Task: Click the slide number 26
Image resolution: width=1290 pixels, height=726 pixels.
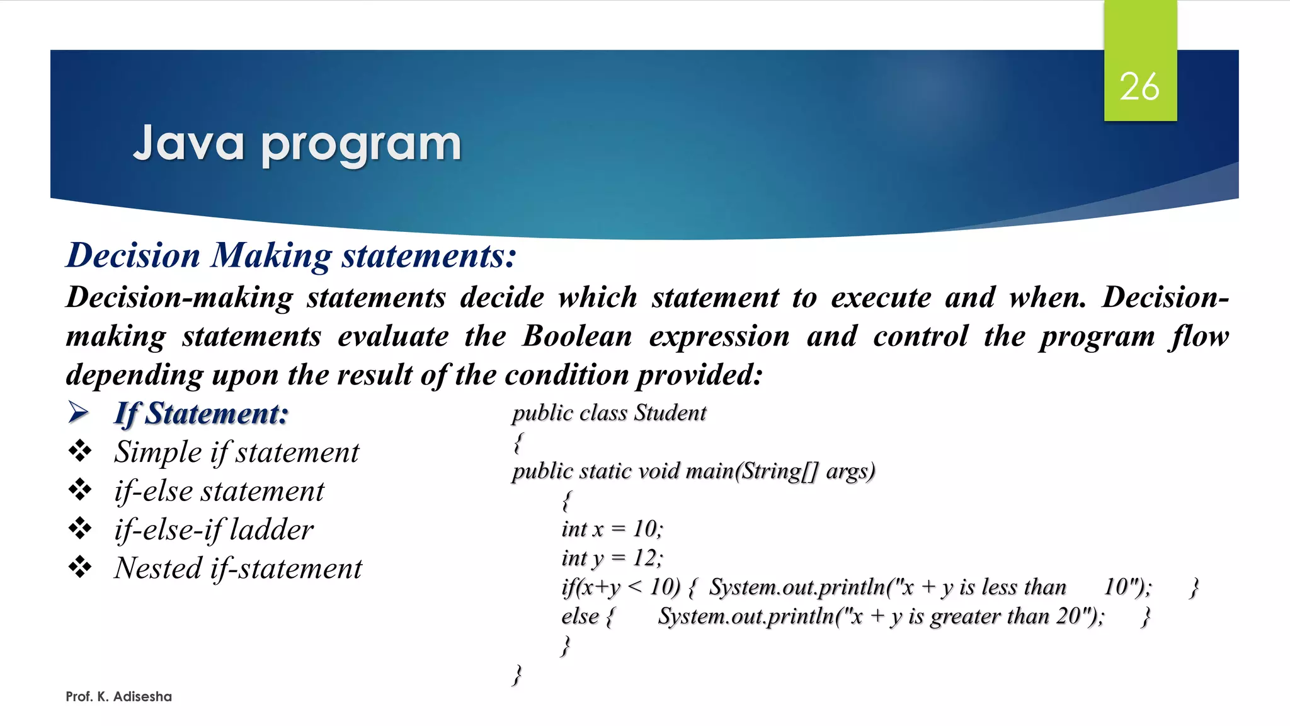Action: pos(1139,86)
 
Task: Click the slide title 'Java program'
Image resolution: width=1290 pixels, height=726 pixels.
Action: pos(297,144)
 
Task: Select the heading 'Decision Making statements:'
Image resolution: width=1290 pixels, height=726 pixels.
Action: pos(291,255)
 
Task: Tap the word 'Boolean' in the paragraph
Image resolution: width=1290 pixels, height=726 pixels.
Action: pos(577,336)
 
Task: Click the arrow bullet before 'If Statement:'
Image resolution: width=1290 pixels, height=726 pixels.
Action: pos(79,413)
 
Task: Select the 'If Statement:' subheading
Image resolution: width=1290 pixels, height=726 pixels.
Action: pos(201,414)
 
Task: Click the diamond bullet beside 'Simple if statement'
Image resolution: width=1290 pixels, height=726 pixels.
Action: pos(80,451)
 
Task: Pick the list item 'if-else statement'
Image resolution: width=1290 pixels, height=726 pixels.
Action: pos(219,491)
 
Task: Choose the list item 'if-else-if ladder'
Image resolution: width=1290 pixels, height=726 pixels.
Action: pos(214,529)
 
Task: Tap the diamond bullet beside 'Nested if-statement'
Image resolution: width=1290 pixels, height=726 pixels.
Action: pos(80,567)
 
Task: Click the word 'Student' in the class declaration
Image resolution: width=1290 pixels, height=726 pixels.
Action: pos(670,413)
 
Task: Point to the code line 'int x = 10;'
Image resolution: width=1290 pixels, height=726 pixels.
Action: pos(612,529)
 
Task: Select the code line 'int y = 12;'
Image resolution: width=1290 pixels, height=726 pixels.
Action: pos(612,558)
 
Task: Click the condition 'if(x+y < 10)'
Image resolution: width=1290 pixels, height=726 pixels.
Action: pos(620,587)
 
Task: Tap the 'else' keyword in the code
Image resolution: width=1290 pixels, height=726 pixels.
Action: pos(579,616)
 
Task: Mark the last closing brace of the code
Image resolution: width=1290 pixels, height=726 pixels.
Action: pos(517,674)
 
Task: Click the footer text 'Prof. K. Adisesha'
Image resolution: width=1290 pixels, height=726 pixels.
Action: pos(118,696)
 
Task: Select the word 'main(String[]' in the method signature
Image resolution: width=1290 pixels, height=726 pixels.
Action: pos(753,471)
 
